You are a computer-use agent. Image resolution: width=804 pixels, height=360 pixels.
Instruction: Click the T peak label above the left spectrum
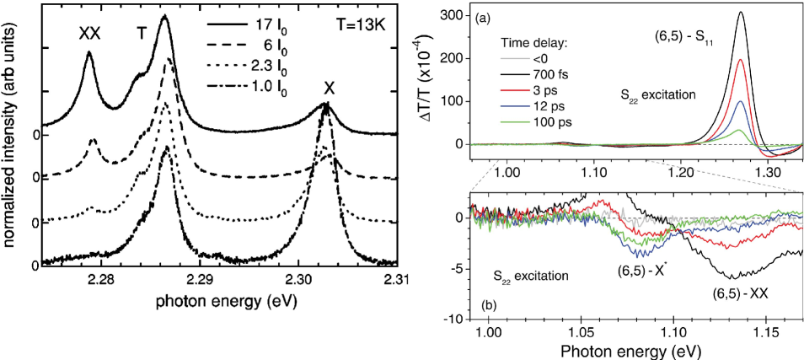click(x=142, y=33)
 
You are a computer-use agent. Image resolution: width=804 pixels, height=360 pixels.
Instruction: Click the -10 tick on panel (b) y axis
click(x=456, y=320)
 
